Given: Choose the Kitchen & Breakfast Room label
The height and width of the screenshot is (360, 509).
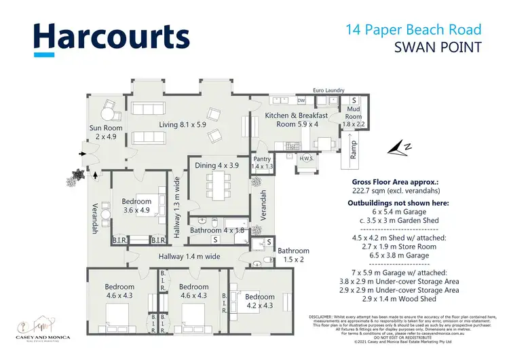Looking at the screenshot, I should click(x=297, y=120).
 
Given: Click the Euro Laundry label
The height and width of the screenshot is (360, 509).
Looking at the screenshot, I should click(x=328, y=90).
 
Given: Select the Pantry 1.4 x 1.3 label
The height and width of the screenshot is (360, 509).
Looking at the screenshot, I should click(x=262, y=162).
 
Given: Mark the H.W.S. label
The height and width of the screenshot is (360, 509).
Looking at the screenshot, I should click(x=306, y=159).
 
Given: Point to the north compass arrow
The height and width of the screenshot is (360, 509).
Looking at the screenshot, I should click(x=396, y=147).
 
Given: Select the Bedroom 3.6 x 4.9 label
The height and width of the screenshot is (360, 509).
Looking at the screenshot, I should click(x=136, y=206).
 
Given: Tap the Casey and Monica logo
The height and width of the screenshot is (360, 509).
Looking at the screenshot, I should click(x=44, y=329).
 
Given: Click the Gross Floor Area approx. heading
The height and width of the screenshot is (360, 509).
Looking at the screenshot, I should click(x=394, y=183).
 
